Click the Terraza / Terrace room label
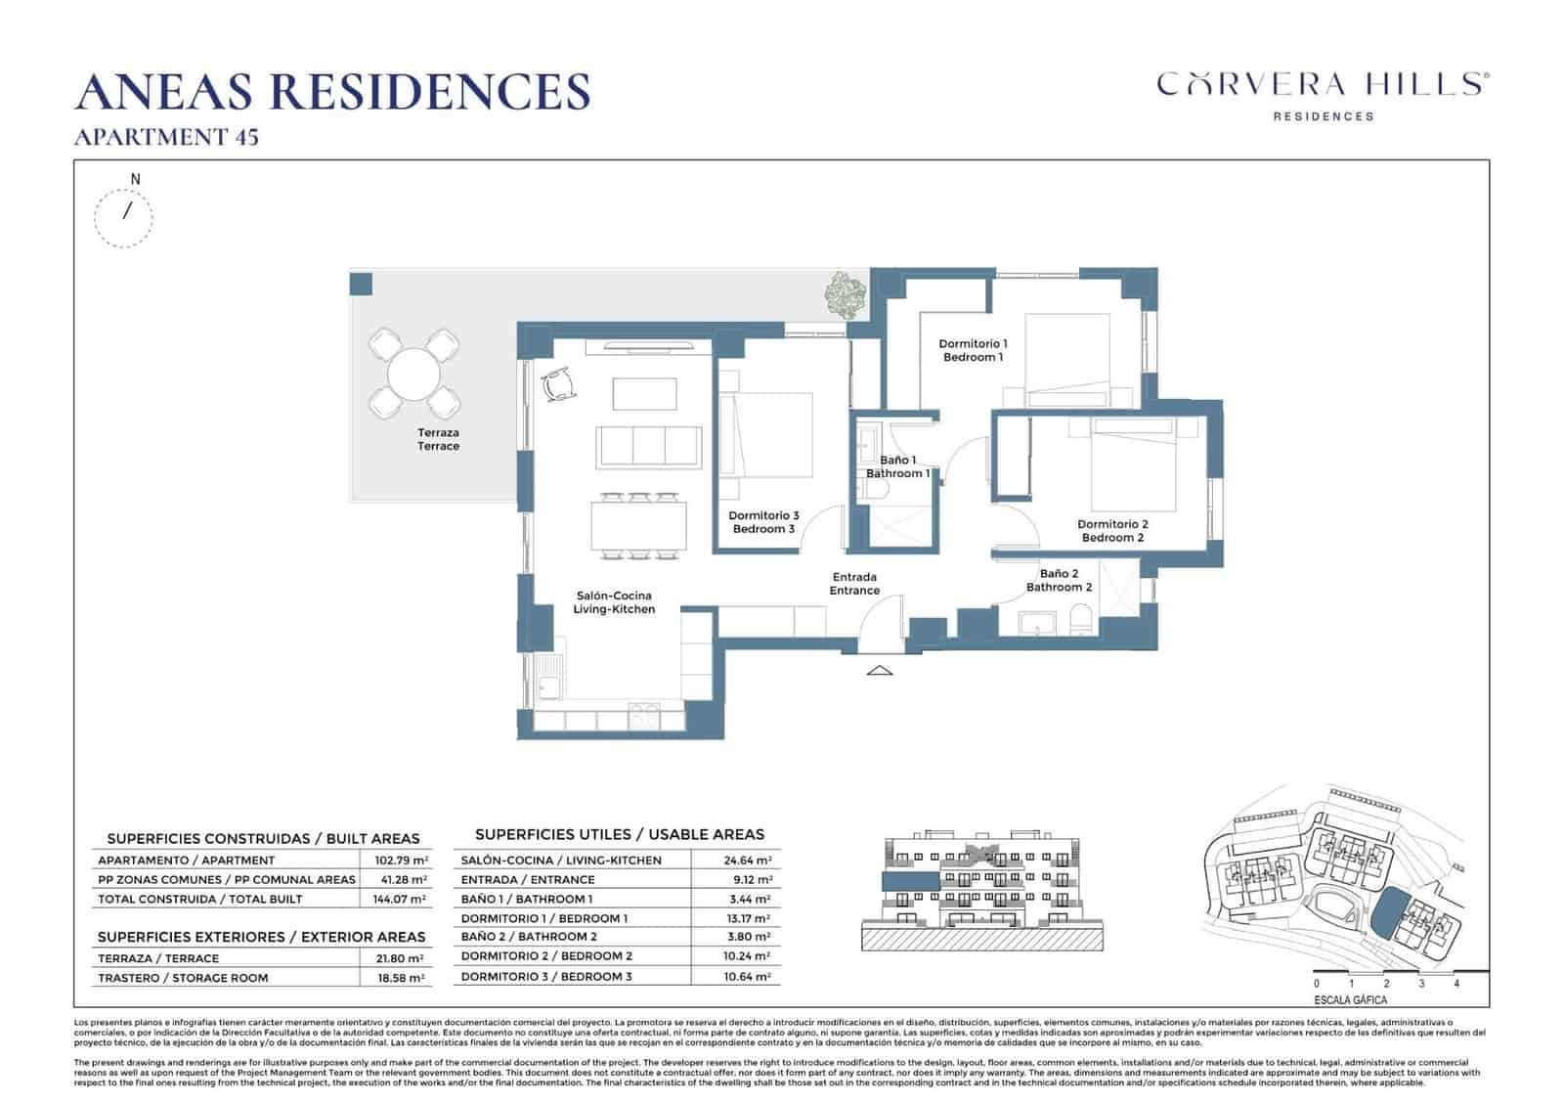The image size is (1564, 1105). click(438, 439)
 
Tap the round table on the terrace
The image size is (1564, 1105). click(414, 373)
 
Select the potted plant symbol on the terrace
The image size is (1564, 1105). click(844, 293)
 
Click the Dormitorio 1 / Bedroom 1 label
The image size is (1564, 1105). click(973, 350)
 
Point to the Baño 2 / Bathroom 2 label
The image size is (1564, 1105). click(1059, 581)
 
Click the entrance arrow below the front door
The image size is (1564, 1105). click(880, 671)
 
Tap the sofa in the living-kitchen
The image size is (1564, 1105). click(649, 446)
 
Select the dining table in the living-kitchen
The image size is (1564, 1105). click(638, 526)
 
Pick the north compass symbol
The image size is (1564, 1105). click(124, 214)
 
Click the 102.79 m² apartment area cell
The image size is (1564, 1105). click(401, 861)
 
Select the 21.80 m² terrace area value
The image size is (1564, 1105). click(401, 959)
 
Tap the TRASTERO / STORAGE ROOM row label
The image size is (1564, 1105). click(183, 978)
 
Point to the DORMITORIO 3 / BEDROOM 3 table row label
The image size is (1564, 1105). click(546, 977)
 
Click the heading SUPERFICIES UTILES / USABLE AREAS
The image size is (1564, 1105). click(619, 834)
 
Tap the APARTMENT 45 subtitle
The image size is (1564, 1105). click(166, 137)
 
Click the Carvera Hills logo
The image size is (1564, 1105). click(1323, 94)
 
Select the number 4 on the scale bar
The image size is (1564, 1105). click(1456, 984)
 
